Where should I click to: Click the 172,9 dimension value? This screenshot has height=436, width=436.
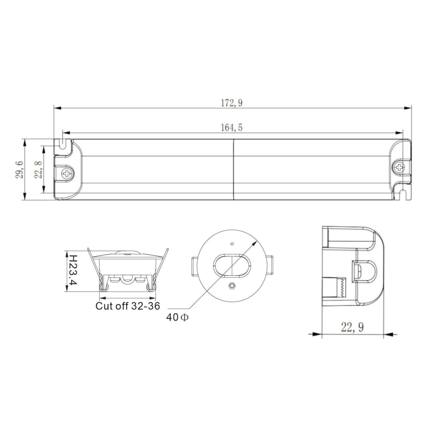(x=232, y=103)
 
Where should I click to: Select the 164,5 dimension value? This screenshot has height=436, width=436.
(x=232, y=128)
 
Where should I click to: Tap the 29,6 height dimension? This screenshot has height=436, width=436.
(x=20, y=170)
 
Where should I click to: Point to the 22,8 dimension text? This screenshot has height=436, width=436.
(x=38, y=170)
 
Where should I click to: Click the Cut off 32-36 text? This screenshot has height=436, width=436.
(x=128, y=305)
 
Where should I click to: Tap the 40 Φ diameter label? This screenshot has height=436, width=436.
(x=178, y=317)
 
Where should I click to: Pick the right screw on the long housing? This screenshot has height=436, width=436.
(x=399, y=167)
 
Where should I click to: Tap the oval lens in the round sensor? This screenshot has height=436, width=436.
(x=232, y=265)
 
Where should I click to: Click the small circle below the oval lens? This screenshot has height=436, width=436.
(x=232, y=286)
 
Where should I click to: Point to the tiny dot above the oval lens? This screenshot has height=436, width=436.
(x=232, y=244)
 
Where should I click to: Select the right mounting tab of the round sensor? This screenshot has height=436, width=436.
(x=270, y=265)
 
